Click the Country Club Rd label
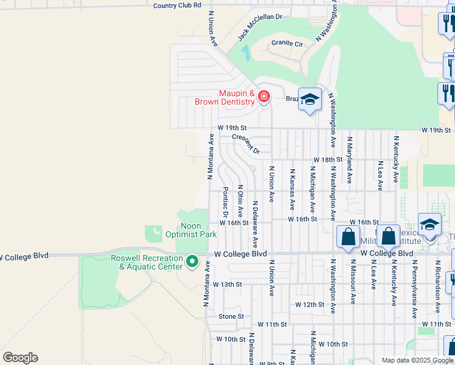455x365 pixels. coord(177,5)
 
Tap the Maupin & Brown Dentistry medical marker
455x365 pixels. coord(263,97)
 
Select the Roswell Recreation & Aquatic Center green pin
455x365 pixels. coord(192,262)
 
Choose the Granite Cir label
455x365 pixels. coord(287,44)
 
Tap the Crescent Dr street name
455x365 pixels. coord(246,144)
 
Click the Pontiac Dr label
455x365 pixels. coord(225,202)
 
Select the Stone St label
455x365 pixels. coord(231,316)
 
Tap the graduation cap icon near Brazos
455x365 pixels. coord(310,100)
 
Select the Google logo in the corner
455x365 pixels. coord(20,358)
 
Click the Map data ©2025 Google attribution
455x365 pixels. coord(417,360)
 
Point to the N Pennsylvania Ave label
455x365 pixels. coord(414,290)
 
